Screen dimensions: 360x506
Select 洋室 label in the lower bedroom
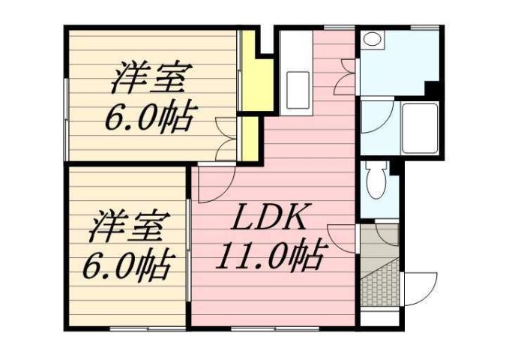(129, 226)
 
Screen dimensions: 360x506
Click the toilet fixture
(374, 181)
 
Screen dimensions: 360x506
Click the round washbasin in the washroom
(372, 42)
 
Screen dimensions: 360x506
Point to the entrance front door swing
(421, 288)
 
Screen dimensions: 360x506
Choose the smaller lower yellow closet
(253, 138)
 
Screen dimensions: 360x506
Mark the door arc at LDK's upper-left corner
(215, 183)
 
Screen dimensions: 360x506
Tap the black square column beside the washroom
(433, 88)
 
